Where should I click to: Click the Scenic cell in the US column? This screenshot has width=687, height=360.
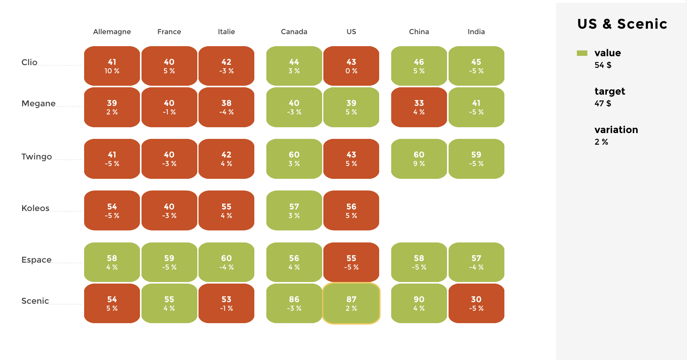(351, 303)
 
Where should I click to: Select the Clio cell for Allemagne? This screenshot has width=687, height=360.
(112, 66)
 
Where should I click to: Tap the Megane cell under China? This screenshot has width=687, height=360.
(419, 107)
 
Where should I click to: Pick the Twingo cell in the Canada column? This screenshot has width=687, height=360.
(294, 159)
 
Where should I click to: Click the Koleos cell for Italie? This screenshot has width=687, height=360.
(226, 210)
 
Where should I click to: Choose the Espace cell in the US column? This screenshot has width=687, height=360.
(351, 262)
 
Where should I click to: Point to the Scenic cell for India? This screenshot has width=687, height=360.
(476, 303)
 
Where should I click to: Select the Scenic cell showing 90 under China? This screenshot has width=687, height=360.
(419, 303)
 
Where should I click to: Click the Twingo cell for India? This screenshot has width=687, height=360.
(476, 159)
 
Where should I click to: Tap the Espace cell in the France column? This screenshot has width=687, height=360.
(169, 262)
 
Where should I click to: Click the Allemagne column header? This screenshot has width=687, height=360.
(112, 32)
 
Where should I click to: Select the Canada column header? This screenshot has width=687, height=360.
(294, 32)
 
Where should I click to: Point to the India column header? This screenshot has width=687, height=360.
(476, 32)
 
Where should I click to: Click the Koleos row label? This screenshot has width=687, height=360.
(35, 208)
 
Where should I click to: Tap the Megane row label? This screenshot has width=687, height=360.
(38, 104)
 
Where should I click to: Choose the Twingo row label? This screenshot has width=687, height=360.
(36, 157)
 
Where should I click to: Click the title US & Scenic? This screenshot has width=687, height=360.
(622, 24)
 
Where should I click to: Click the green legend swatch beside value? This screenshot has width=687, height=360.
(582, 53)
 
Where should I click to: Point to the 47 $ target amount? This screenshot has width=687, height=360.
(602, 104)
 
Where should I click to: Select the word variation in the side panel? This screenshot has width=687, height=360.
(616, 130)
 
